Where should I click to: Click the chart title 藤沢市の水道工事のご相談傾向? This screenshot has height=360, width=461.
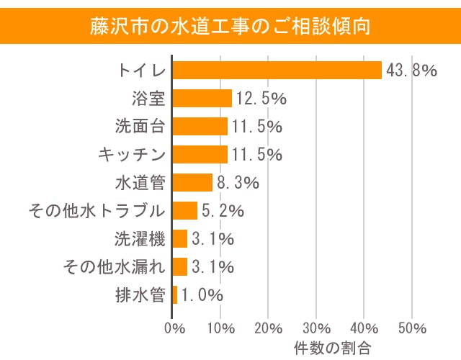point(230,27)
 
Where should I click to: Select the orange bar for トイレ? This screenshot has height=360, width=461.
point(277,70)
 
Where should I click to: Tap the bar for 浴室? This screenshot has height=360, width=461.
point(202,98)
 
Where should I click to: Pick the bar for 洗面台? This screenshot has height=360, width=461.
point(200,126)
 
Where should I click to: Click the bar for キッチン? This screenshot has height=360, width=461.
point(200,154)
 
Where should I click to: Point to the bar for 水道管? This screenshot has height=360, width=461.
point(193,182)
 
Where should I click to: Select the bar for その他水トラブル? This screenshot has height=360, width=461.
point(185,210)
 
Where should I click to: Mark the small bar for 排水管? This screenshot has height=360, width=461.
point(175,294)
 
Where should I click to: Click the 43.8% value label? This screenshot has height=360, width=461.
point(412,70)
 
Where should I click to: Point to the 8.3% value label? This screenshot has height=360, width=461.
point(238,182)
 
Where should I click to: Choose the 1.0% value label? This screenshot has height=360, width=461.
point(202,294)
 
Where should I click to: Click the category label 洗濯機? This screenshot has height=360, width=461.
point(140,238)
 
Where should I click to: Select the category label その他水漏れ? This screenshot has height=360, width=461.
point(115,266)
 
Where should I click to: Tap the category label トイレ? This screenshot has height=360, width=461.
point(142,70)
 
